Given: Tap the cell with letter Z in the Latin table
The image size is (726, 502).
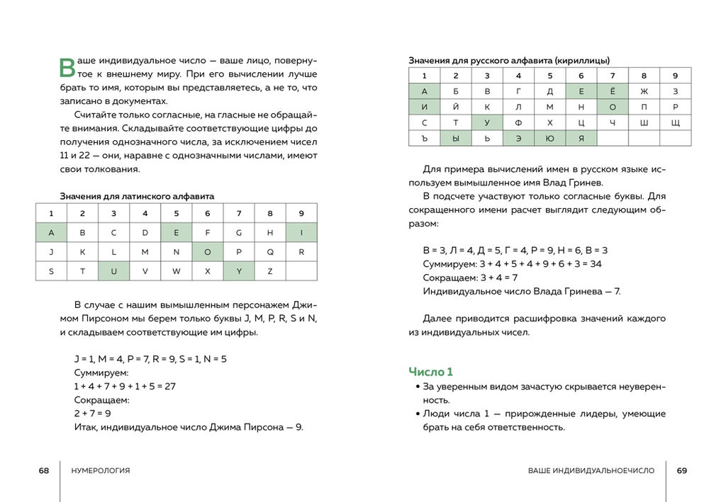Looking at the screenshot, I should coord(270,271).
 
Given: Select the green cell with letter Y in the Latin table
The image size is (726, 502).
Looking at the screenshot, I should coord(239,271).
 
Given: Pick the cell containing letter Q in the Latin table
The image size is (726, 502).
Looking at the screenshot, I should coord(270,251).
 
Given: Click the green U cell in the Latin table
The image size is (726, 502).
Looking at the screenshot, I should coord(113,271).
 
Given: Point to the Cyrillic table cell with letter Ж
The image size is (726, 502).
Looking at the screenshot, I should coord(644,91).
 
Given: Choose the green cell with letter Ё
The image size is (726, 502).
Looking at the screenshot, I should coord(613,91).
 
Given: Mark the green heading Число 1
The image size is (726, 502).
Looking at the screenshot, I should coord(430,372).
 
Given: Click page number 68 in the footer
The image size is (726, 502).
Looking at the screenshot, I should coord(44,471).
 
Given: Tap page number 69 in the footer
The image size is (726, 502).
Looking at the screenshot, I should coord(682,471).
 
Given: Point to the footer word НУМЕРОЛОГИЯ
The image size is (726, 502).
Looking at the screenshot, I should coord(101,471).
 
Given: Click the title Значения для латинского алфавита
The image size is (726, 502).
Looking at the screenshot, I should coord(137,196).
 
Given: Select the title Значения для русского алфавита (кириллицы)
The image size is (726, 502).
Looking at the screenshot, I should coord(509,61).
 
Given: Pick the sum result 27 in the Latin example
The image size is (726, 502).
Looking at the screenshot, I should coord(169,386).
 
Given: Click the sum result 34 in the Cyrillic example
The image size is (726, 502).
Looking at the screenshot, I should coord(596,263).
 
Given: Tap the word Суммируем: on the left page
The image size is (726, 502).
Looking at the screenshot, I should coord(101,372).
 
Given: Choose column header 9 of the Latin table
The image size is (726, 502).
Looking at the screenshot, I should coord(301,213).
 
